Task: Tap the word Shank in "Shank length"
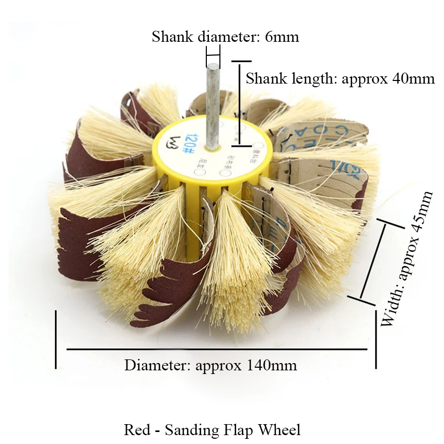pyautogui.click(x=266, y=79)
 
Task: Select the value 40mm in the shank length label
pyautogui.click(x=414, y=79)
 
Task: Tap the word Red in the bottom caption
pyautogui.click(x=136, y=430)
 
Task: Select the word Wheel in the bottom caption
pyautogui.click(x=282, y=430)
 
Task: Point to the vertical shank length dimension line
pyautogui.click(x=239, y=102)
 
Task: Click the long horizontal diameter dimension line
pyautogui.click(x=217, y=349)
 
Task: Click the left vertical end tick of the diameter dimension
pyautogui.click(x=55, y=340)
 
